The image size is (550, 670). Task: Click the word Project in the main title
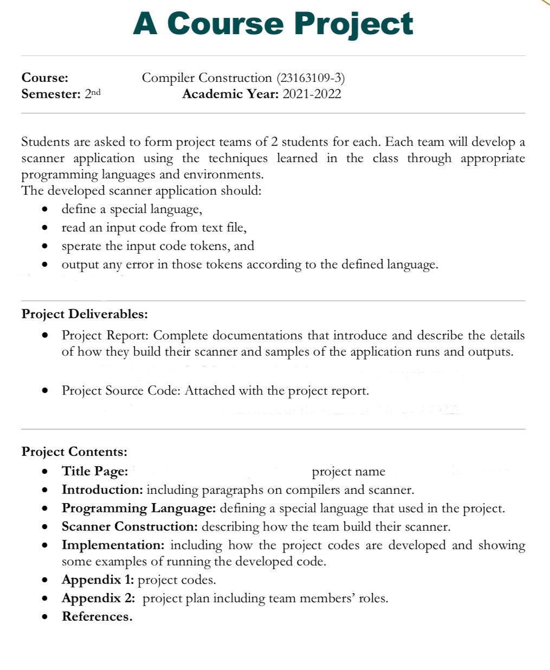point(355,24)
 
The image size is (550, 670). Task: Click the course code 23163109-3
point(310,78)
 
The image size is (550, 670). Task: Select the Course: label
point(45,78)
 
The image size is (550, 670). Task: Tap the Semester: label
point(51,94)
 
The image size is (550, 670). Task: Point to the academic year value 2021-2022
point(312,94)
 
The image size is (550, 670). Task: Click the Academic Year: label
point(231,94)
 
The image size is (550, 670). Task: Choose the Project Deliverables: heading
point(85,314)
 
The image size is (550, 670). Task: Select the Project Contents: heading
point(74,452)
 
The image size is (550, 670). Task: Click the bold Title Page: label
point(95,472)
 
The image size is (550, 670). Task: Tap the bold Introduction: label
point(102,490)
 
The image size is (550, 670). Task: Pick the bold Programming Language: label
point(139,508)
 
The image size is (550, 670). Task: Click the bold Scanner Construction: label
point(130,527)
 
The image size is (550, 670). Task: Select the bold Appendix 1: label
point(98,580)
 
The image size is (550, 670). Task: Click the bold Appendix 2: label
point(98,598)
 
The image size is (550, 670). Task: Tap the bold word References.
point(97,617)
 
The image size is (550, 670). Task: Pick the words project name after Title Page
point(348,472)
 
